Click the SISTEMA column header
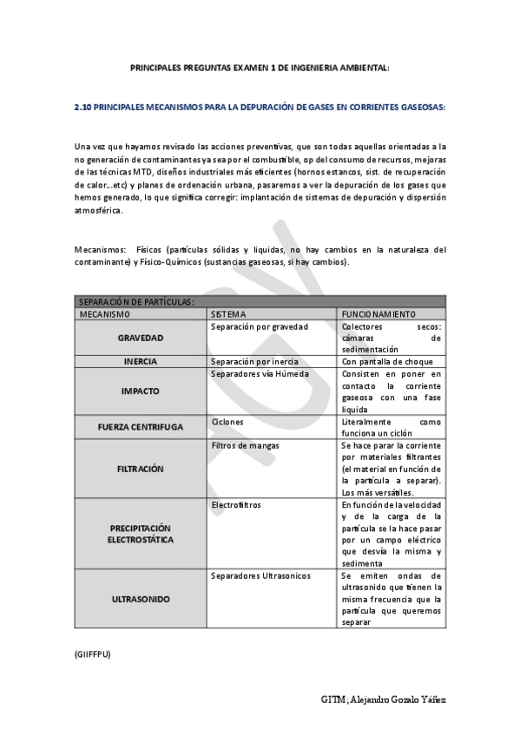tap(229, 313)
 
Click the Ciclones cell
tap(227, 422)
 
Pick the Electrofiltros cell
tap(236, 503)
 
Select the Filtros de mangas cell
tap(246, 444)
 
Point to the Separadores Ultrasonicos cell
tap(260, 575)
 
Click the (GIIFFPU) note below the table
tap(93, 652)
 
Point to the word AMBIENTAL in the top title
tap(364, 66)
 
